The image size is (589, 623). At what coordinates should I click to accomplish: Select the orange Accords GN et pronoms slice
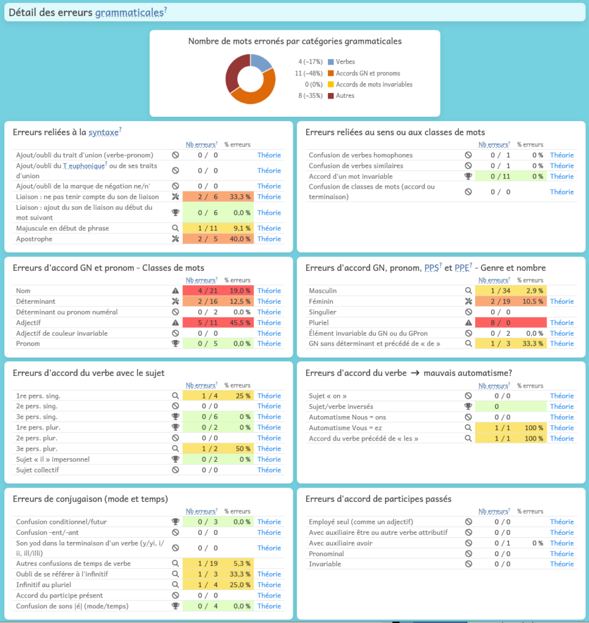click(256, 95)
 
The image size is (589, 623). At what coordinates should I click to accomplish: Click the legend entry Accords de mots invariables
click(374, 85)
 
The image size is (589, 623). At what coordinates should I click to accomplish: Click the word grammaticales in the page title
click(129, 13)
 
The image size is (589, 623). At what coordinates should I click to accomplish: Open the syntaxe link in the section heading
click(103, 132)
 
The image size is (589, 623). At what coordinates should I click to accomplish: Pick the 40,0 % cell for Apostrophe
click(236, 239)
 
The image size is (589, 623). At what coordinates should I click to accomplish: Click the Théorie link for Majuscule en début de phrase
click(269, 228)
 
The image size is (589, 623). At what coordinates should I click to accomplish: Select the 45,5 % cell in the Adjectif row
click(236, 322)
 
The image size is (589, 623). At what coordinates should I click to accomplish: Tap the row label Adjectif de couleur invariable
click(61, 333)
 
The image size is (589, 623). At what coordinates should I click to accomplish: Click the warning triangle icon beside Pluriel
click(468, 323)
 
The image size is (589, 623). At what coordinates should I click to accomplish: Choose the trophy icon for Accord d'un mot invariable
click(468, 176)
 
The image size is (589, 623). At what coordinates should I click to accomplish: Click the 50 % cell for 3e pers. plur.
click(236, 449)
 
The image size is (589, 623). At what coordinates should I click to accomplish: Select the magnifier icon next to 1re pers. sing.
click(175, 396)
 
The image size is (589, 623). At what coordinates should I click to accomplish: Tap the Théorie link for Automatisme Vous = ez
click(562, 428)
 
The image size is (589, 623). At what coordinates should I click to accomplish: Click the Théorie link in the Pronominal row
click(562, 554)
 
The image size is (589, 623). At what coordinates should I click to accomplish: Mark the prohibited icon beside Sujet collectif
click(175, 470)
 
